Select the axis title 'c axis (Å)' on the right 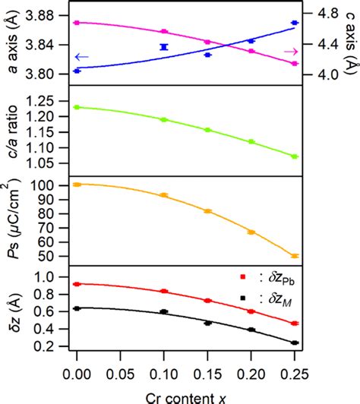click(x=350, y=43)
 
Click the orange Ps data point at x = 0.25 click(x=295, y=256)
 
